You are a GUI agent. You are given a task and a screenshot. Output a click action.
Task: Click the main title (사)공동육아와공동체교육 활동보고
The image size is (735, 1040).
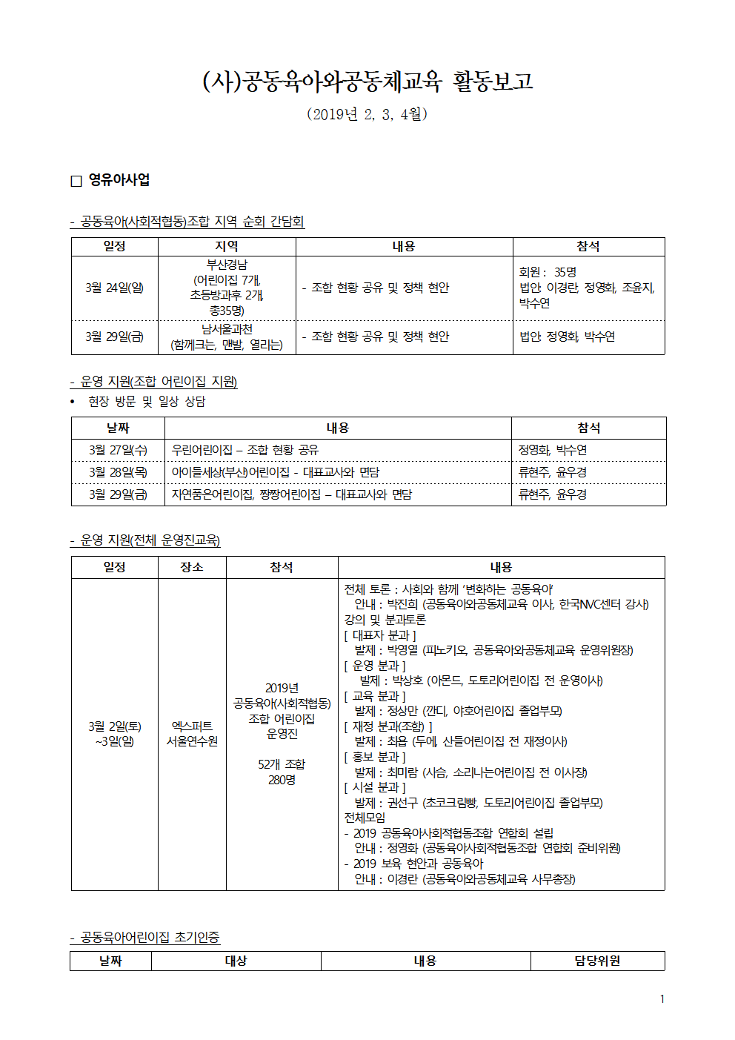point(367,81)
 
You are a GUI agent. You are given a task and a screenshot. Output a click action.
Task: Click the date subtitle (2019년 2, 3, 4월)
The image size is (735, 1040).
point(367,114)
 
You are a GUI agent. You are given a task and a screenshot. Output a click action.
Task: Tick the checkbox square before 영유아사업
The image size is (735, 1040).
point(76,181)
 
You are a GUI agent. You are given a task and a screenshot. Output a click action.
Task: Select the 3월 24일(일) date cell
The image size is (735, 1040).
point(114,288)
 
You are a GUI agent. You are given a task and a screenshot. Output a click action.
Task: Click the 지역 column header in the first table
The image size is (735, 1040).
point(227,246)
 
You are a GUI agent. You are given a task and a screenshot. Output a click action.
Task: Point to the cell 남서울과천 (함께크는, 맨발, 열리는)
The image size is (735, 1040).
point(227,337)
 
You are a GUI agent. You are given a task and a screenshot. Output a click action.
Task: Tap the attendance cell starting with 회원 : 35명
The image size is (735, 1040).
point(587,288)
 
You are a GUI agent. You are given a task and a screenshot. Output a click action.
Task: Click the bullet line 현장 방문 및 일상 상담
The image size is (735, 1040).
point(147,401)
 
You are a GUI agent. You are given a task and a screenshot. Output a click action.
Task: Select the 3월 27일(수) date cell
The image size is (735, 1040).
point(118,450)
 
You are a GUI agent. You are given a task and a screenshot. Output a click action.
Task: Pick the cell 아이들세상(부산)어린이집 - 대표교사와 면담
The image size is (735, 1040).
point(275,472)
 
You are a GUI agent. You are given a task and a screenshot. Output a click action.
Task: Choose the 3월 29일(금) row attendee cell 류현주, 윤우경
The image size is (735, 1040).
point(553,494)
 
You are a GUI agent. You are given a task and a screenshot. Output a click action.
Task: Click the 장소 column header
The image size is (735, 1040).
point(192,567)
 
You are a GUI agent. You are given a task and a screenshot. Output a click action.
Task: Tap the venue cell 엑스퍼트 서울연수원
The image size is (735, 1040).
point(192,734)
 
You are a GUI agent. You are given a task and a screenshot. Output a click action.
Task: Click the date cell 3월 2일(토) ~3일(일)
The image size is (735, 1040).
point(114,734)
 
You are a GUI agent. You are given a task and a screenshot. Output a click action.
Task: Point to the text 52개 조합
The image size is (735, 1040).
point(282,764)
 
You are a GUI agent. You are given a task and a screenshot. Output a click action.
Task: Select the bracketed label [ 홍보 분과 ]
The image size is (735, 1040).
point(375,757)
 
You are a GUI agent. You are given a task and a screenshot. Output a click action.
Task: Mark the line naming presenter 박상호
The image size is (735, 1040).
point(481,680)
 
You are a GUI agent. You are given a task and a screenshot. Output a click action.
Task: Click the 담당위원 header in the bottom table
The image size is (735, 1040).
point(597,961)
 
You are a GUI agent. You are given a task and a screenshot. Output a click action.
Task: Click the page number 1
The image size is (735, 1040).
point(662,999)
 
